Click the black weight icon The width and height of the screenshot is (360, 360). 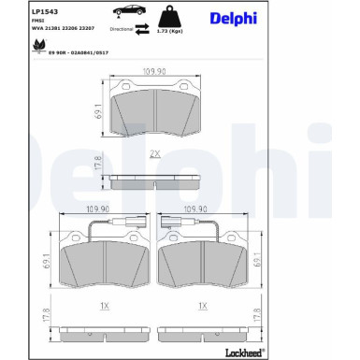[171, 14]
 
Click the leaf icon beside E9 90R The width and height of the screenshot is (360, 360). [38, 54]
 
